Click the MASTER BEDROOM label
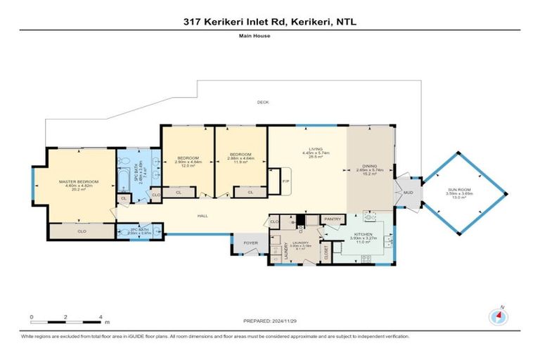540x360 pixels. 79,182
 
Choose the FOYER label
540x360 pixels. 250,244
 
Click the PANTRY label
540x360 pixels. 332,219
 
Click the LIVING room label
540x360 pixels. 316,148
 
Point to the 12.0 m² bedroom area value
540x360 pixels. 188,165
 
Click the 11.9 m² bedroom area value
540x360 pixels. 241,165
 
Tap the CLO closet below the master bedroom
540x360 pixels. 82,231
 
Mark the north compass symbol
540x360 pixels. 500,316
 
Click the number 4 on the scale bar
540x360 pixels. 102,318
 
